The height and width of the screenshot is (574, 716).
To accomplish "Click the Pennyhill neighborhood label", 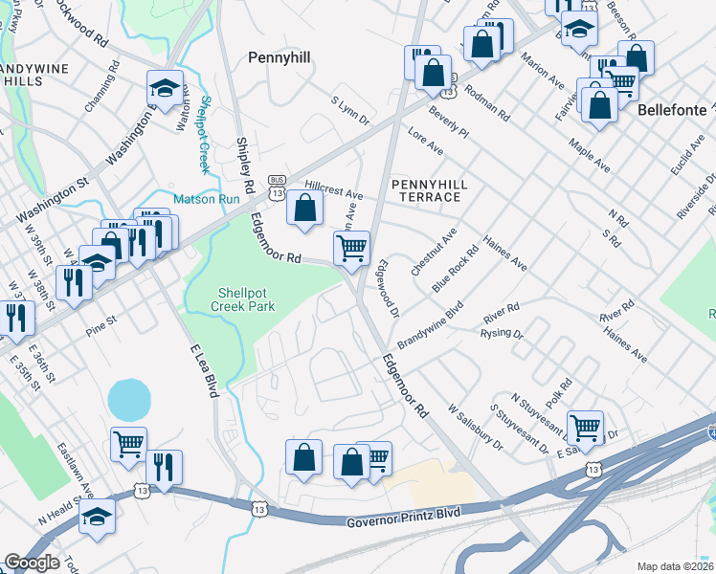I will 279,57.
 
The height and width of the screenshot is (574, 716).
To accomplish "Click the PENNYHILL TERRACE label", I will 426,189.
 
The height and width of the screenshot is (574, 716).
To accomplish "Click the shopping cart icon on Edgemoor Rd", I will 351,248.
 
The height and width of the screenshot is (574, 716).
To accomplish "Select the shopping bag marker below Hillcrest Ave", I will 304,207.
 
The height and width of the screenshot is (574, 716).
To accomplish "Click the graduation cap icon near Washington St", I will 165,89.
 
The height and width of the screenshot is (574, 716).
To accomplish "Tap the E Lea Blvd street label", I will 205,369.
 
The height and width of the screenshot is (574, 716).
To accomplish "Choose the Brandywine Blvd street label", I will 430,326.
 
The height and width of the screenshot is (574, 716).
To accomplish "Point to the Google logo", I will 32,563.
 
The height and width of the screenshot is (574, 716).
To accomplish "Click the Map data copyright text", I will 676,566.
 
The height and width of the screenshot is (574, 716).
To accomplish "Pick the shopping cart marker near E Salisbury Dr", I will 585,427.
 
